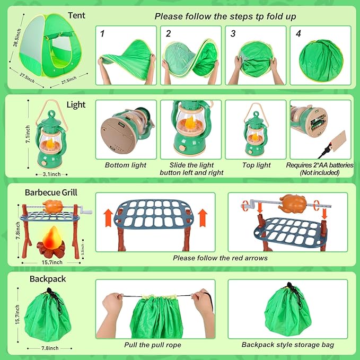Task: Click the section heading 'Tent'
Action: pyautogui.click(x=77, y=15)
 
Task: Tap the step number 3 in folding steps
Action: pyautogui.click(x=232, y=33)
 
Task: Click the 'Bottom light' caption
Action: pyautogui.click(x=126, y=165)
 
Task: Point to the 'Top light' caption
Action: pyautogui.click(x=256, y=165)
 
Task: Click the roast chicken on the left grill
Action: pyautogui.click(x=53, y=206)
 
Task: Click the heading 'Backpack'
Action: pyautogui.click(x=48, y=278)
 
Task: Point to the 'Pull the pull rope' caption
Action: pyautogui.click(x=153, y=345)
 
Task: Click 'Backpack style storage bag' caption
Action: pyautogui.click(x=288, y=345)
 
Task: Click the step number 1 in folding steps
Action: pyautogui.click(x=102, y=33)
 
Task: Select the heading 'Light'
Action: pyautogui.click(x=76, y=105)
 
